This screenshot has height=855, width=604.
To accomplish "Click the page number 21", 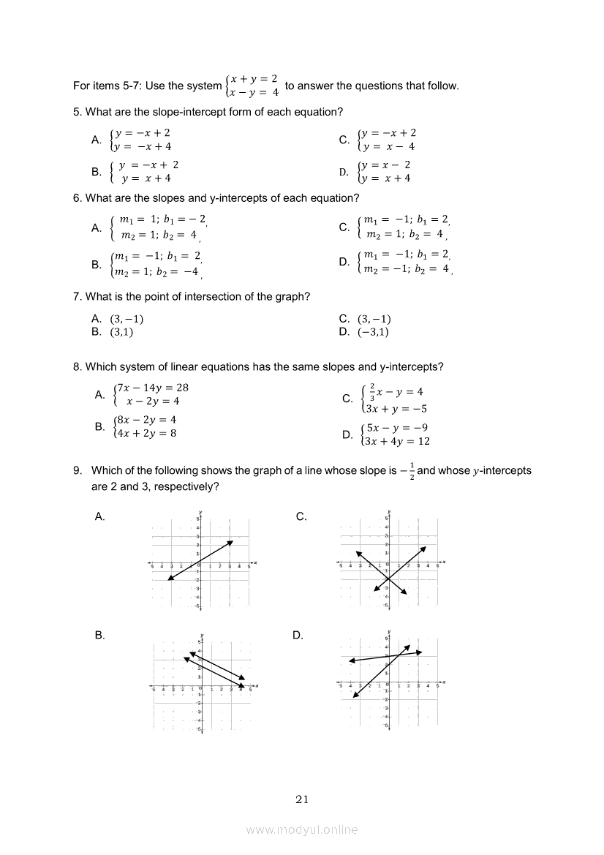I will click(302, 799).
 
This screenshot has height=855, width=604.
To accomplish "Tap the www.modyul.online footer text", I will click(302, 830).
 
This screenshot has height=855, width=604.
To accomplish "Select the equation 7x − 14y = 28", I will click(152, 388).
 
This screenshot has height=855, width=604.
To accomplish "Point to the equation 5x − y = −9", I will click(397, 428).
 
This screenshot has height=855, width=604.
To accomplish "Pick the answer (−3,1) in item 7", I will click(373, 332).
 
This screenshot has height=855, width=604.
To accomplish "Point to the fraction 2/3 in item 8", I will click(372, 391).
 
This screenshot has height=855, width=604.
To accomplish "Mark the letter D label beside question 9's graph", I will click(298, 636).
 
